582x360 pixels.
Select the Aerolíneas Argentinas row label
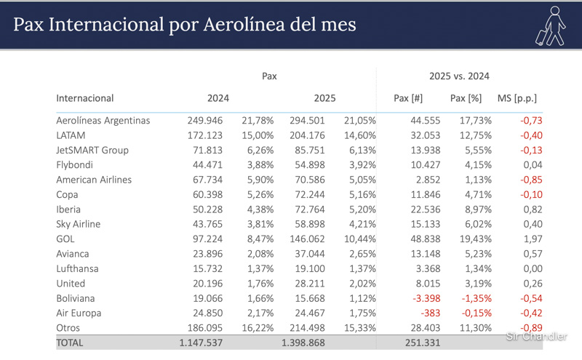[103, 120]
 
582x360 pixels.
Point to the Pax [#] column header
[407, 97]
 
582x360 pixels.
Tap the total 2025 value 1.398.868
[303, 343]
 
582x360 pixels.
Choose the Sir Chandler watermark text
[535, 336]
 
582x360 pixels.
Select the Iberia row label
[68, 209]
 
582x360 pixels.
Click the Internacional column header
[84, 97]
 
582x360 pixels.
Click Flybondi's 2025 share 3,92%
[361, 164]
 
